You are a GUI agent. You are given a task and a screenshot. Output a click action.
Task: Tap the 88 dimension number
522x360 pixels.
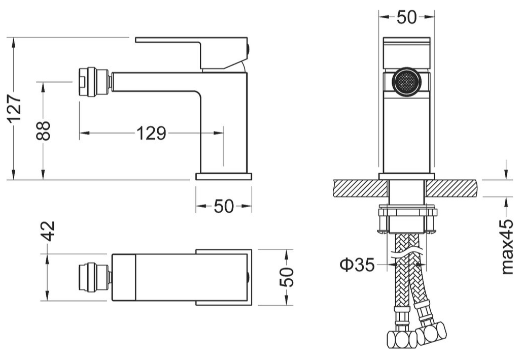pyautogui.click(x=45, y=130)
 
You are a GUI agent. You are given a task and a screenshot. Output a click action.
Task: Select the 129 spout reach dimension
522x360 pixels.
pyautogui.click(x=151, y=134)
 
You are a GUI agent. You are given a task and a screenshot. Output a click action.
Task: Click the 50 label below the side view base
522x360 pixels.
pyautogui.click(x=224, y=206)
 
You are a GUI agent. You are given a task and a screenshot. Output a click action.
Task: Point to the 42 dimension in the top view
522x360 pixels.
pyautogui.click(x=47, y=233)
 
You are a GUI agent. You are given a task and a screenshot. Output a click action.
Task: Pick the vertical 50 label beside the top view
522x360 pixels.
pyautogui.click(x=287, y=277)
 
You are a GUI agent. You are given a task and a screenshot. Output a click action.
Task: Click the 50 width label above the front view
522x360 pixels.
pyautogui.click(x=406, y=17)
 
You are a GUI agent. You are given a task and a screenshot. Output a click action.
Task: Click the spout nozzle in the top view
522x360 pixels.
pyautogui.click(x=94, y=277)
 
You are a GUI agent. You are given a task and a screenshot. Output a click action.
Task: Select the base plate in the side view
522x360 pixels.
pyautogui.click(x=224, y=176)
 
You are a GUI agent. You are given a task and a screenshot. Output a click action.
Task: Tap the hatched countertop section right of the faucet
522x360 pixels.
pyautogui.click(x=451, y=188)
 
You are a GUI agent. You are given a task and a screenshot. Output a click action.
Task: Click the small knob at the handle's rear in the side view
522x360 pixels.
pyautogui.click(x=249, y=49)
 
